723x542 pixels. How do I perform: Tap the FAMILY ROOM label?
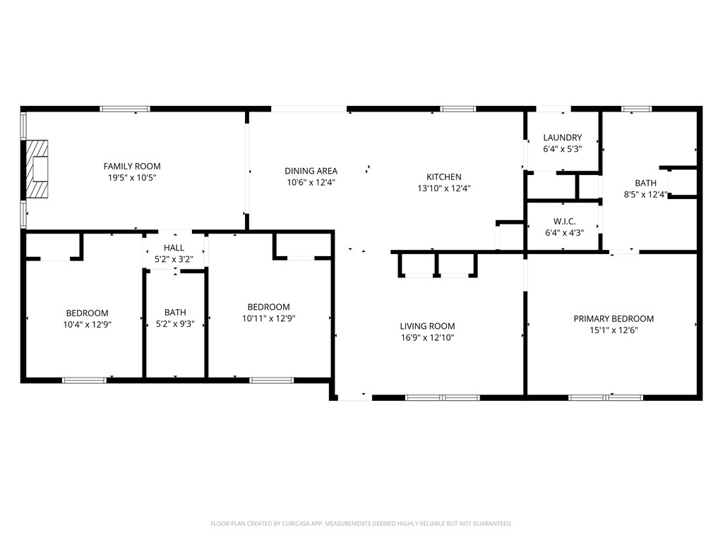[x=132, y=167]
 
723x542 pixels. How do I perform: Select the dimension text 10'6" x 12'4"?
[x=311, y=182]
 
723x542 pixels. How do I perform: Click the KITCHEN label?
[x=443, y=177]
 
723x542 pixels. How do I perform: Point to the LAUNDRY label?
[x=562, y=138]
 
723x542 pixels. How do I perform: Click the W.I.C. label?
[x=563, y=221]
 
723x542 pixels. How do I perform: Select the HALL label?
[x=174, y=248]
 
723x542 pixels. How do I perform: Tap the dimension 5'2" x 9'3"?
[x=174, y=325]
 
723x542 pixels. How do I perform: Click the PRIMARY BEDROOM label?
[x=613, y=319]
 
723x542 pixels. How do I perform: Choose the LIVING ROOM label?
[x=427, y=326]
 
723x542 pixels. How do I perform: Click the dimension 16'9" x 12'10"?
[x=427, y=337]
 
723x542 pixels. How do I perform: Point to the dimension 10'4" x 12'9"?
[x=87, y=325]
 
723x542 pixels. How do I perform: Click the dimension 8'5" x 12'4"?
[x=645, y=194]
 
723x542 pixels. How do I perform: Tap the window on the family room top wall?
[x=125, y=109]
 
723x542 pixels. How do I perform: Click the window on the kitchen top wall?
[x=458, y=109]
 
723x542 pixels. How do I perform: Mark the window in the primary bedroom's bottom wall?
[x=606, y=398]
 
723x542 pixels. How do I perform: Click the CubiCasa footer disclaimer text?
[x=361, y=524]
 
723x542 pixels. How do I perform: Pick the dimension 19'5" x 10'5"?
[x=132, y=178]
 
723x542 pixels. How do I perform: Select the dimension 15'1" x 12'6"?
[x=613, y=330]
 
